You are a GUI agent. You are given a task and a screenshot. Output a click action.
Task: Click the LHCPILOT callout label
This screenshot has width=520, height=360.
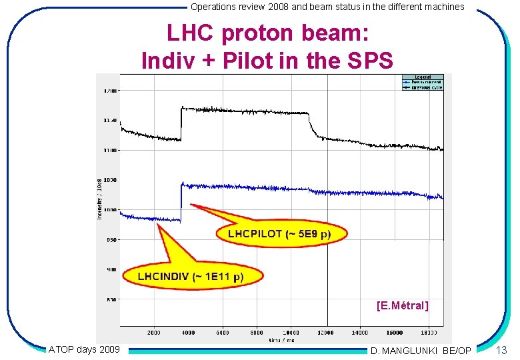coord(279,234)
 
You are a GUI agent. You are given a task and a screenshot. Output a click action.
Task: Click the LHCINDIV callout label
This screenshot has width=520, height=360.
coord(191,276)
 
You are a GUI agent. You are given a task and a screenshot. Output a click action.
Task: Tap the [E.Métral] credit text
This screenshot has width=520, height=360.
coord(402,306)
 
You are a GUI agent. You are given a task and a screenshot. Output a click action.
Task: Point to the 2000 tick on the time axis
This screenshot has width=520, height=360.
coord(154,332)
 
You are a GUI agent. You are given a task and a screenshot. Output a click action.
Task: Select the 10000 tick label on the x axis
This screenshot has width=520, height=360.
coord(291,332)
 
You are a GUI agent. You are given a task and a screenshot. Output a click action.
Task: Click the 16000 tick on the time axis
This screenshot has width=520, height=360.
coord(395,332)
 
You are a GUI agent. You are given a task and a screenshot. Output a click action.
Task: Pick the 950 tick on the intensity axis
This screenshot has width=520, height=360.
coord(109,239)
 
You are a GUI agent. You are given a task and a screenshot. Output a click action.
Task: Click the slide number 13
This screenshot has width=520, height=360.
coord(502,351)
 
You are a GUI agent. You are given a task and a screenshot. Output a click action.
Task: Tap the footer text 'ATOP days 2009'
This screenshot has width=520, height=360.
coord(84,349)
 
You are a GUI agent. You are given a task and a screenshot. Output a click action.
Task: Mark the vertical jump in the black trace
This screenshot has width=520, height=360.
coord(181,123)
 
